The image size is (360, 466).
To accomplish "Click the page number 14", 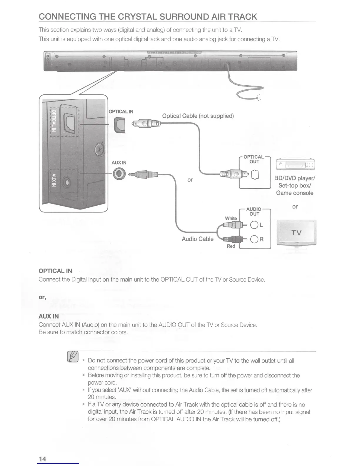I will pyautogui.click(x=42, y=459).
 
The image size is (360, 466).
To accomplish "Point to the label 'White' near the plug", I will pyautogui.click(x=231, y=218).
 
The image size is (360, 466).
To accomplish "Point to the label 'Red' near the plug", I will pyautogui.click(x=231, y=246).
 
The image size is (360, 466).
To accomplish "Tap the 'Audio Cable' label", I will pyautogui.click(x=198, y=239).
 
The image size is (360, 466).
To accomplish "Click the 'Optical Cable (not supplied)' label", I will pyautogui.click(x=198, y=116).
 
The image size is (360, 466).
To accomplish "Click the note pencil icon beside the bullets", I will pyautogui.click(x=73, y=357).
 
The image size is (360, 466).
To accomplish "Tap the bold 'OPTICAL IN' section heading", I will pyautogui.click(x=55, y=271).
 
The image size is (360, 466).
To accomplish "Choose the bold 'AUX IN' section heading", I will pyautogui.click(x=49, y=316).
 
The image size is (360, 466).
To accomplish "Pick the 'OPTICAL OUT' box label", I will pyautogui.click(x=254, y=159).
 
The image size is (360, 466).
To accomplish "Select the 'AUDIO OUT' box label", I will pyautogui.click(x=254, y=212).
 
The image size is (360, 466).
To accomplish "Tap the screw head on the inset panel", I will pyautogui.click(x=100, y=151).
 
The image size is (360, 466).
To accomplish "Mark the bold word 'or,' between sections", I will pyautogui.click(x=42, y=297).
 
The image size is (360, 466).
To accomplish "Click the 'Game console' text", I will pyautogui.click(x=294, y=193).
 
